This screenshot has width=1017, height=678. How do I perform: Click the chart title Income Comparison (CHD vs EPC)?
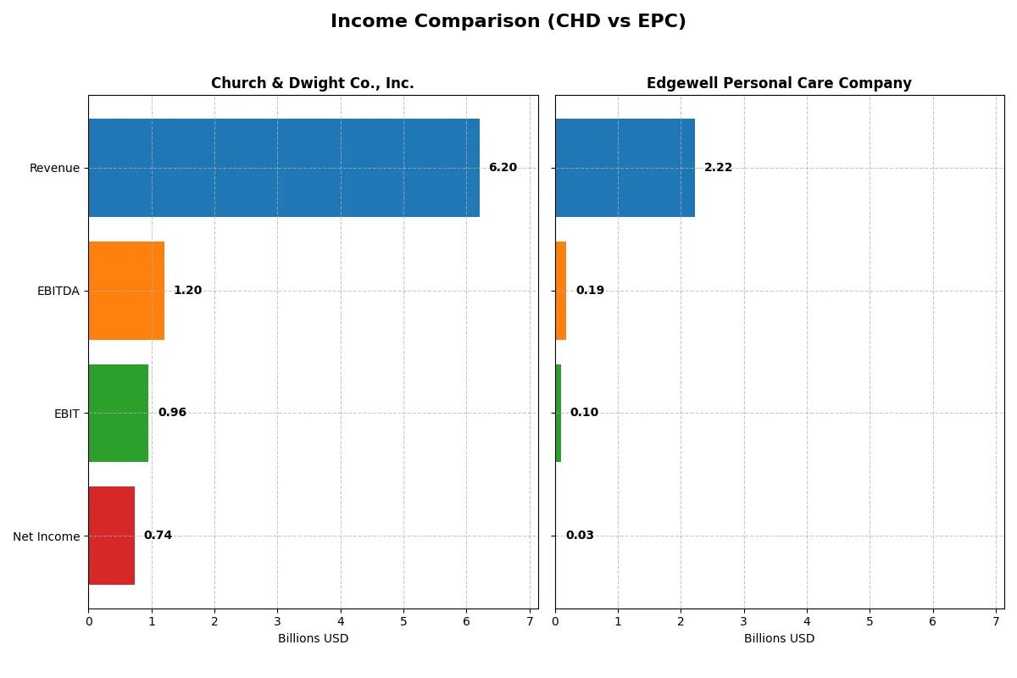(508, 22)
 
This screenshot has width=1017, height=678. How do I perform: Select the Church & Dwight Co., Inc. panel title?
(312, 83)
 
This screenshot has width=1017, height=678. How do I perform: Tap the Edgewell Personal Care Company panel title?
(779, 83)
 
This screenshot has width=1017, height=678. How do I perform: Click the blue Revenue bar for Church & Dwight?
(284, 168)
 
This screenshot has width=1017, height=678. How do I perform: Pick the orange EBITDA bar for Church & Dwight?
(126, 291)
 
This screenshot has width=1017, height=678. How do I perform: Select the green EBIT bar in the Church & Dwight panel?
(119, 414)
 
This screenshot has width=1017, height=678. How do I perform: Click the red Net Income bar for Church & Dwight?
(112, 536)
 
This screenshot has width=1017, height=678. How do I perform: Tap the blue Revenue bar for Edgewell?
(625, 168)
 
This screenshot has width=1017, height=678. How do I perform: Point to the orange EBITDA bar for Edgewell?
(561, 291)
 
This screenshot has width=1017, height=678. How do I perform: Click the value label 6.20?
(503, 168)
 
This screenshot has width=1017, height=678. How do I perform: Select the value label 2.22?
(718, 168)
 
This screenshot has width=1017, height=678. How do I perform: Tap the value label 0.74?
(158, 536)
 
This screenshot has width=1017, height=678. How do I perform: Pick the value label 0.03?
(580, 536)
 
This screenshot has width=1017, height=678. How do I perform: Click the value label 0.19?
(590, 291)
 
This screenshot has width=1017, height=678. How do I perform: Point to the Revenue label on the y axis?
(54, 168)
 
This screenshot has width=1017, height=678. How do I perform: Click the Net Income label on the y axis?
(47, 536)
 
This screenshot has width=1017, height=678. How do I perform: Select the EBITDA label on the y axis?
(58, 291)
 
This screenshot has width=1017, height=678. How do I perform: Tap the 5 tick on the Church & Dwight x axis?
(403, 621)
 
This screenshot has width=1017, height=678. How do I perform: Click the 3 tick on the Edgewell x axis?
(744, 621)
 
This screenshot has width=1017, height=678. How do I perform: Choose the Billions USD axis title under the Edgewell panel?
(779, 638)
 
